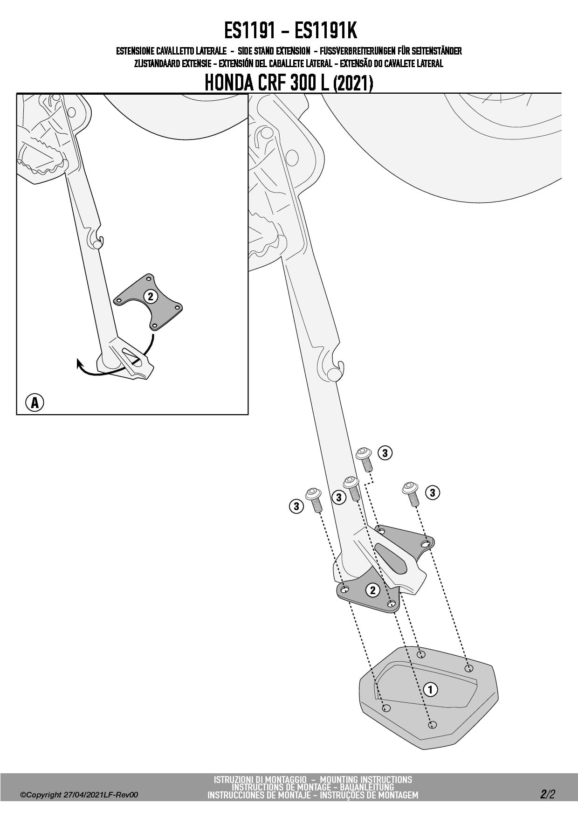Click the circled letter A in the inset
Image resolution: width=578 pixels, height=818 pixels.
coord(34,402)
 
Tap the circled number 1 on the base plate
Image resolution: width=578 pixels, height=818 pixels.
coord(430,689)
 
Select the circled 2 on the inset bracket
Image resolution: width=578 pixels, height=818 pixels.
coord(150,296)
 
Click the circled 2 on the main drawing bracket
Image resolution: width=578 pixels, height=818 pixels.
coord(372,590)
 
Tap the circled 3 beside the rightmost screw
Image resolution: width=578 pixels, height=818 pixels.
coord(432,492)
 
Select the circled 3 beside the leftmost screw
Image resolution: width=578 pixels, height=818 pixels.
coord(296,506)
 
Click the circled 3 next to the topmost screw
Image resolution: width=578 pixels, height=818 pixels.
coord(385,453)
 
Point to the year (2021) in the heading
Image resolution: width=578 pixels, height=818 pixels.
coord(353,83)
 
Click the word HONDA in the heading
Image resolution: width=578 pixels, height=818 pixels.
coord(227,83)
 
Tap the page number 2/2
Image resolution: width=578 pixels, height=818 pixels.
coord(548,794)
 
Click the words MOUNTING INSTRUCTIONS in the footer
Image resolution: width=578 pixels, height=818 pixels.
coord(366,779)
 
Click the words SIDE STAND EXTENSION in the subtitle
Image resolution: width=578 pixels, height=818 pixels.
coord(274,51)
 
